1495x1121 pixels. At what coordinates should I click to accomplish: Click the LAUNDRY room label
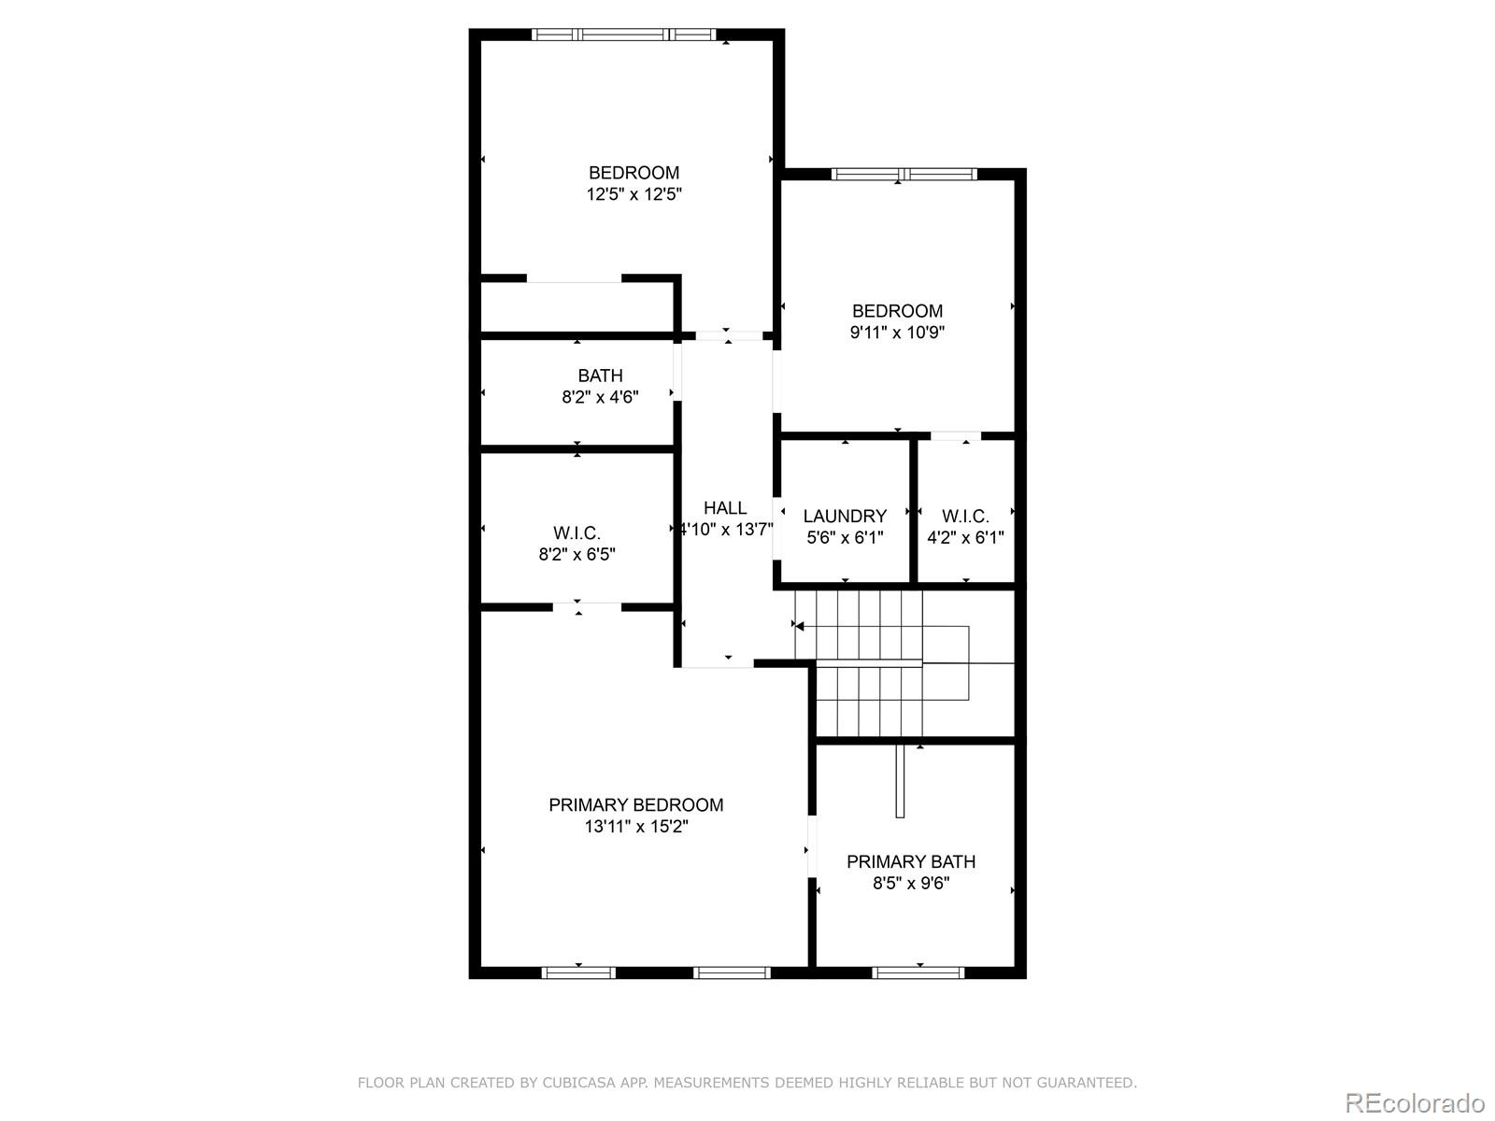845,516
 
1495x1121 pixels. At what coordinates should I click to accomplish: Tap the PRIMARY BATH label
911,861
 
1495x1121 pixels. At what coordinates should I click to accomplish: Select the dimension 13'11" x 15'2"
636,827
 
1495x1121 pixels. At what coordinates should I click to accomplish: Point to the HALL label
725,508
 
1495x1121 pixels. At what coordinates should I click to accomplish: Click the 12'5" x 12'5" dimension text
634,194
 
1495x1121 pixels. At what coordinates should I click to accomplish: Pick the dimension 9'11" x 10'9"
897,333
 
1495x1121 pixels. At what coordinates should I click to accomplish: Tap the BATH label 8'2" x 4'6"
600,376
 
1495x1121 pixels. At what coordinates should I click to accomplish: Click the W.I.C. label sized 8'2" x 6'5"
577,533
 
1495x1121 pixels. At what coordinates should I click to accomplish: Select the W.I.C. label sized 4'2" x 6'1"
965,516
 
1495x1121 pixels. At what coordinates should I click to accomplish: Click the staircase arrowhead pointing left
799,626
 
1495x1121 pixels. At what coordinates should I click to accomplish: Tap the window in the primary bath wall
918,972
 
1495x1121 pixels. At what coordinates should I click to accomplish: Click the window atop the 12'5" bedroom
624,35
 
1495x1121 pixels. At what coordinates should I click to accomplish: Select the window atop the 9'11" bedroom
904,174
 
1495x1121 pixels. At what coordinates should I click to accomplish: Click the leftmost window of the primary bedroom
578,972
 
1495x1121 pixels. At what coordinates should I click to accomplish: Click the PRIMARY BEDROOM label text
635,804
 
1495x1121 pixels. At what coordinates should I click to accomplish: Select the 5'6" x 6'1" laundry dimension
845,538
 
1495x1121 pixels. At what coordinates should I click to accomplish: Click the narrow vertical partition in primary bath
900,781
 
